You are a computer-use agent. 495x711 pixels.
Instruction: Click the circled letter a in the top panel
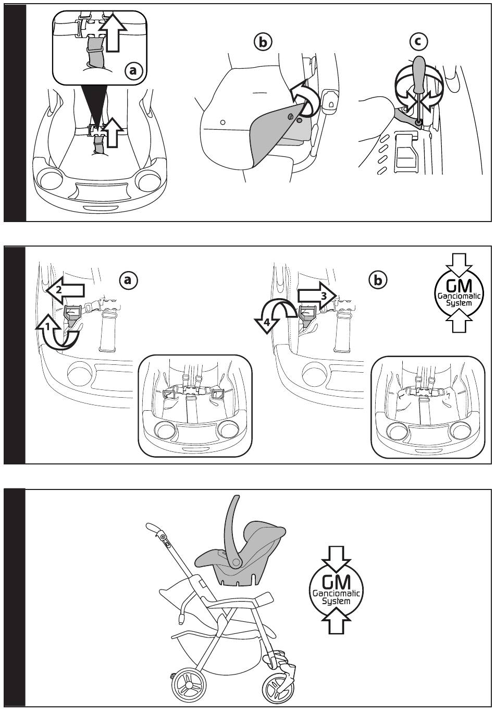click(133, 70)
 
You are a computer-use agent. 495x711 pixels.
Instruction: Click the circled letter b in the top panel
click(263, 42)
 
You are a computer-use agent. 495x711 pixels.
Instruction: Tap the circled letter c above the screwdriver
click(419, 41)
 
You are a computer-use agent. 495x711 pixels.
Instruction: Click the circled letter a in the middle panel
click(129, 280)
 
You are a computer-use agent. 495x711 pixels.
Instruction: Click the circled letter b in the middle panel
click(378, 280)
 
